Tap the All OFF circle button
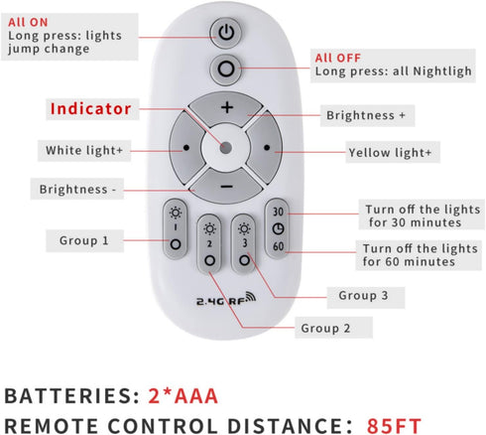point(226,70)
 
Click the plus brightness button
point(227,108)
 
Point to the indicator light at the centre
point(226,148)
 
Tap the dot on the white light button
point(186,148)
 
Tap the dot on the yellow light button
point(267,148)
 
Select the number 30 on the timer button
point(278,212)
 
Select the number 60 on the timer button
point(279,246)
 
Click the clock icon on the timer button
point(279,228)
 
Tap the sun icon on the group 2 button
point(209,228)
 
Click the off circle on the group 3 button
point(244,260)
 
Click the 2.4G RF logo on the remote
point(226,299)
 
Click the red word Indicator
point(91,108)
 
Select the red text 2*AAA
point(183,395)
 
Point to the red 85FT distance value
point(394,426)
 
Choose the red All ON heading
point(28,22)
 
